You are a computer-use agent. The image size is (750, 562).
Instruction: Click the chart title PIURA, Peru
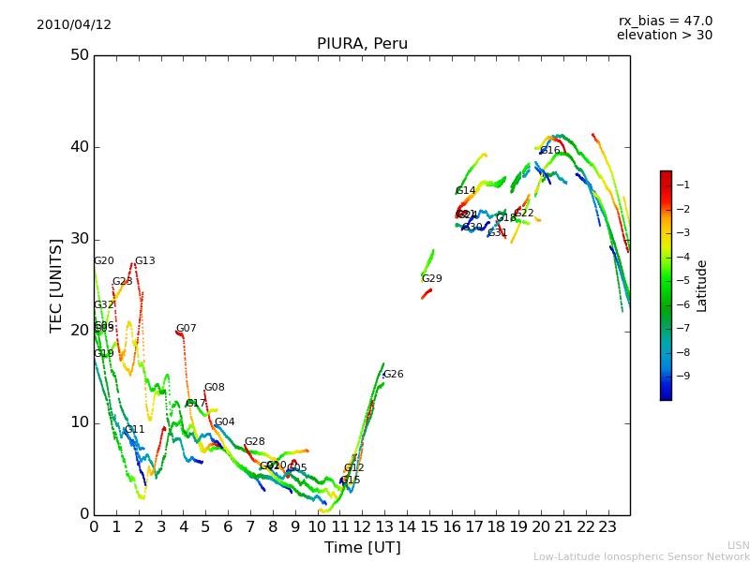pos(362,44)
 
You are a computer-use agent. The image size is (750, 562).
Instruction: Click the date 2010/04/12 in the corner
pos(74,25)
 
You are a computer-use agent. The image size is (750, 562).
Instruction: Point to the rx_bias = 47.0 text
pos(665,22)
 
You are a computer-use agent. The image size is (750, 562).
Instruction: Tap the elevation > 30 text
pos(664,36)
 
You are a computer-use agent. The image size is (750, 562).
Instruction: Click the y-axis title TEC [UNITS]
pos(56,285)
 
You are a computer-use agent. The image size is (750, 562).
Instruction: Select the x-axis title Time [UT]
pos(362,548)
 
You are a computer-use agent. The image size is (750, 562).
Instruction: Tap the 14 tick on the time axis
pos(407,527)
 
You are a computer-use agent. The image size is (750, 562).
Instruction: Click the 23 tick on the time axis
pos(607,527)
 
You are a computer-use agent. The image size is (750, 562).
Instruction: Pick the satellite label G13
pos(144,261)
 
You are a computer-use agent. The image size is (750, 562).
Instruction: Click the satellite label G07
pos(186,329)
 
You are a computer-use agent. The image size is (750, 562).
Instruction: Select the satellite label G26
pos(393,375)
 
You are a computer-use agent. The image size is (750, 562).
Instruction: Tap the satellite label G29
pos(431,279)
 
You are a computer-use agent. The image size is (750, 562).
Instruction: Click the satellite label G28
pos(254,442)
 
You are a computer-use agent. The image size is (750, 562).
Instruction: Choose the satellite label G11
pos(134,430)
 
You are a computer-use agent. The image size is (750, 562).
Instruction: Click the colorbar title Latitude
pos(702,286)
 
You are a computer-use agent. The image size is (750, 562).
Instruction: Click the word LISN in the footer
pos(738,545)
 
